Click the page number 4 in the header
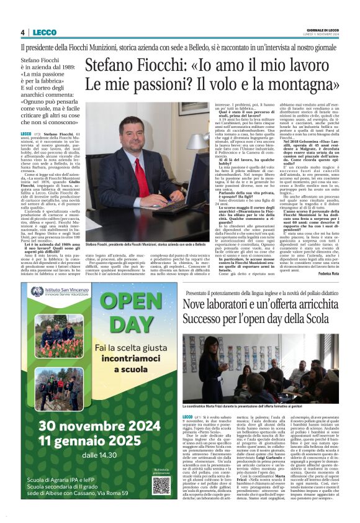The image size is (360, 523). pyautogui.click(x=23, y=32)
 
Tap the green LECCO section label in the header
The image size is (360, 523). pyautogui.click(x=45, y=32)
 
